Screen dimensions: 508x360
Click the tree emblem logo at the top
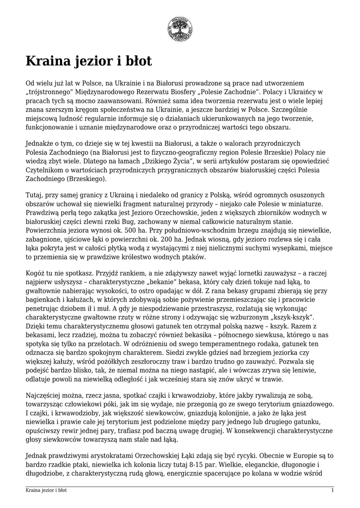180,28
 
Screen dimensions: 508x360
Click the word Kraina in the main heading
50,62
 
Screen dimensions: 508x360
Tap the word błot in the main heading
136,62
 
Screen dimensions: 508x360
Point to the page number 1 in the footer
332,490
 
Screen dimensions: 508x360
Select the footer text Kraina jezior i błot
47,490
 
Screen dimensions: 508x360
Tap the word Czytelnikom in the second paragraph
46,170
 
